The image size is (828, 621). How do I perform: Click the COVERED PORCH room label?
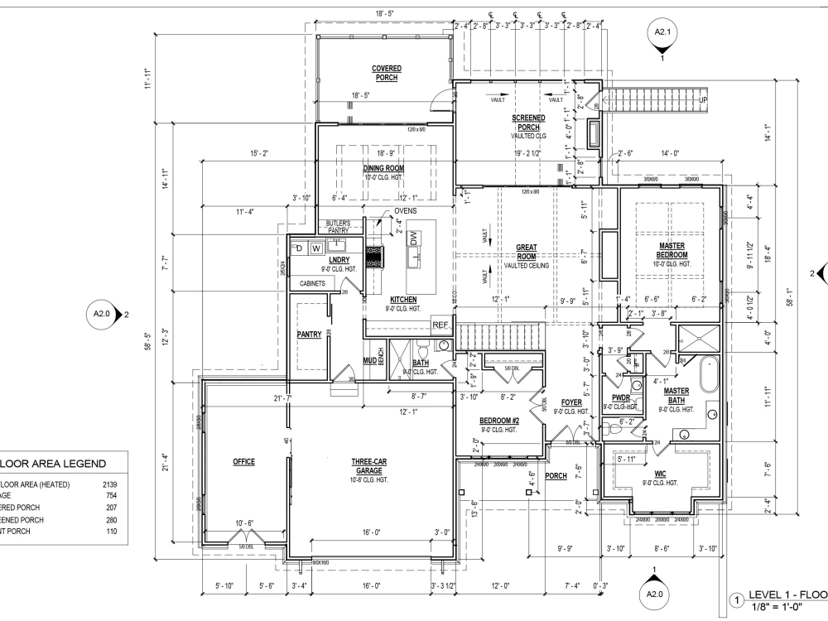(x=386, y=73)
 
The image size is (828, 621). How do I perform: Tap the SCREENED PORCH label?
(x=527, y=123)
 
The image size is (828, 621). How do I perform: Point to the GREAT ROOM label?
(x=527, y=252)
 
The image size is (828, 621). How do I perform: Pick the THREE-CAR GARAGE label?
(x=364, y=466)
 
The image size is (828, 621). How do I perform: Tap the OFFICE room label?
(x=243, y=461)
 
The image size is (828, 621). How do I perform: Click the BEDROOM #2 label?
(x=498, y=421)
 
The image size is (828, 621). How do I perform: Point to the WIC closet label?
(x=661, y=474)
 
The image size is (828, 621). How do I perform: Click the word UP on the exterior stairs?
(x=704, y=99)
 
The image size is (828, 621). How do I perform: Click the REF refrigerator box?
(x=440, y=325)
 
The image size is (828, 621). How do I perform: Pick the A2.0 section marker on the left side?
(x=104, y=315)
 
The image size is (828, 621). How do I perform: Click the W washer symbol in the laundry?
(x=315, y=247)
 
